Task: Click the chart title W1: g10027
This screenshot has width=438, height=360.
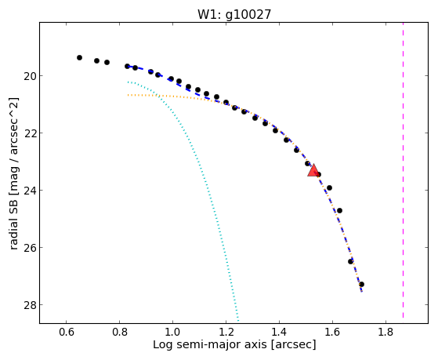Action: pos(234,15)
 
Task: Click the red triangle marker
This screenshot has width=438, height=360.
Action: pos(313,171)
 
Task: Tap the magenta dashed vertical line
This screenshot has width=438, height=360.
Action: pos(403,170)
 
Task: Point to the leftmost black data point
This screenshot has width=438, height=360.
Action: pos(79,57)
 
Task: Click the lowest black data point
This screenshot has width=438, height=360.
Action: pos(361,285)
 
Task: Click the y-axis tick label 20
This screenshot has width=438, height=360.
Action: pos(30,76)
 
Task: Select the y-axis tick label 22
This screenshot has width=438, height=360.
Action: pos(30,133)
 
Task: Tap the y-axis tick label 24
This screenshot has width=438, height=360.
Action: pos(30,191)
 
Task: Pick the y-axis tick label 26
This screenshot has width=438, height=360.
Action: pos(30,248)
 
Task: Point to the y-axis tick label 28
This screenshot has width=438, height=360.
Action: pos(30,304)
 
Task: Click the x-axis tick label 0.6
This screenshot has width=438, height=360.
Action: pos(66,332)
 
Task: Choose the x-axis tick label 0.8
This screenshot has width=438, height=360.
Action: pos(120,332)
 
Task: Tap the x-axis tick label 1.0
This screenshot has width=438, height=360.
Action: pos(172,332)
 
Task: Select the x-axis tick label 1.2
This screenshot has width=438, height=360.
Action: pos(226,332)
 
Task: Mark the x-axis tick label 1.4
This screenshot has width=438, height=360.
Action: pos(280,332)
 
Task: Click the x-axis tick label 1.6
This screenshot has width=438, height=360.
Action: pos(332,332)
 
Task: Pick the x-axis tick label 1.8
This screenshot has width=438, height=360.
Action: pos(386,332)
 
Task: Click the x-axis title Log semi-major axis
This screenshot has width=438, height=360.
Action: pos(210,344)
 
